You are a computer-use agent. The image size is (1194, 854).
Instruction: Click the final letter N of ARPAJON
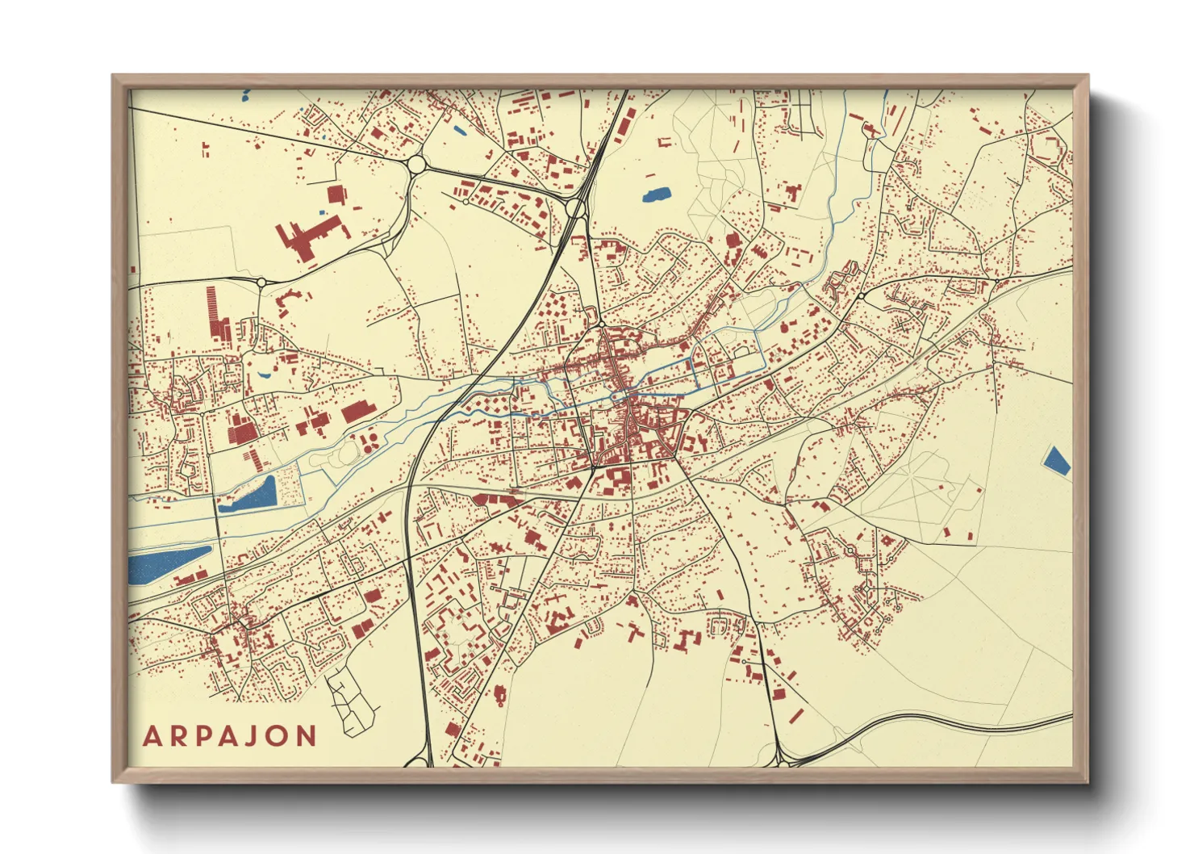click(x=306, y=736)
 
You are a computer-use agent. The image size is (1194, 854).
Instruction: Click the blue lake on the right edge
click(x=1056, y=459)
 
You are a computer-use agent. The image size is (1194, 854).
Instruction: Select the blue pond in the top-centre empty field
click(x=656, y=195)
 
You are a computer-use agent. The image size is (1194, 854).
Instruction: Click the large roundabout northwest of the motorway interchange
click(x=416, y=165)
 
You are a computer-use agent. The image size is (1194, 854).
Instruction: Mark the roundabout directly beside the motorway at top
click(x=574, y=208)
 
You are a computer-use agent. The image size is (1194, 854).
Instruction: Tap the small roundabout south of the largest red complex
click(x=261, y=283)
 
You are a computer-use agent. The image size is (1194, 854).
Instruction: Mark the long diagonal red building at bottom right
click(x=796, y=715)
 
